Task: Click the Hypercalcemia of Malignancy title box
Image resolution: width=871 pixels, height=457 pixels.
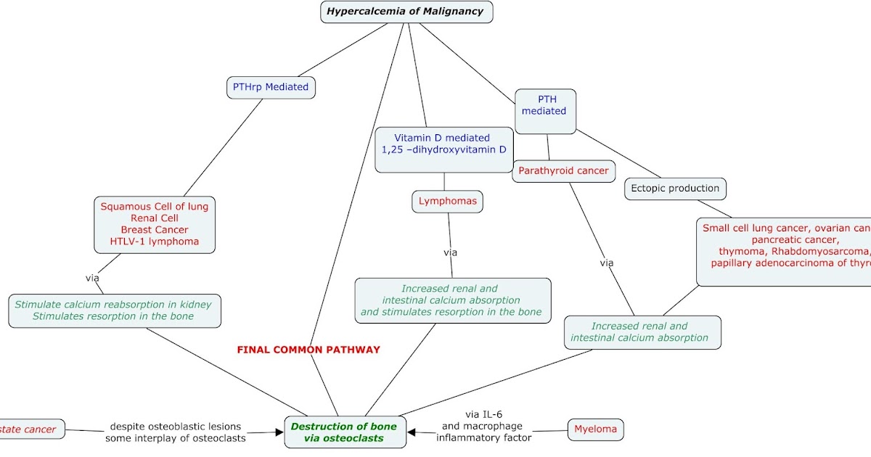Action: click(x=406, y=12)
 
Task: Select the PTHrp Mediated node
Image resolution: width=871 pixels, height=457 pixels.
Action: click(x=271, y=87)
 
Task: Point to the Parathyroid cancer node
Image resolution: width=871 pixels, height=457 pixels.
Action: click(x=564, y=171)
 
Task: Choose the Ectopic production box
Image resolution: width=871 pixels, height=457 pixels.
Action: click(x=675, y=189)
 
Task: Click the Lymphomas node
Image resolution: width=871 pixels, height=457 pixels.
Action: click(x=448, y=201)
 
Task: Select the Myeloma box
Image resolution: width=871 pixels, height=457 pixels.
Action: click(x=595, y=429)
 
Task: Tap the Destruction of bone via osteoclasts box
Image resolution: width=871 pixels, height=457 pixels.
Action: click(x=344, y=432)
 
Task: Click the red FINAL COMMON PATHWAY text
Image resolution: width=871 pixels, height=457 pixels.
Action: click(x=308, y=350)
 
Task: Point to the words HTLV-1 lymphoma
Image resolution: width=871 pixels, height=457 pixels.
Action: click(x=154, y=242)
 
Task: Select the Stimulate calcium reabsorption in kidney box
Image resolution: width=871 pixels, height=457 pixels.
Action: click(x=113, y=310)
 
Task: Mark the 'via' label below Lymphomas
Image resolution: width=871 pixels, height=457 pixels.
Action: click(x=451, y=252)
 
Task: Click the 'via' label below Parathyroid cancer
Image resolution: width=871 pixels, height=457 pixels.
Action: click(x=607, y=263)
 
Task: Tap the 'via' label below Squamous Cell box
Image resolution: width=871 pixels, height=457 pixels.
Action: click(x=92, y=277)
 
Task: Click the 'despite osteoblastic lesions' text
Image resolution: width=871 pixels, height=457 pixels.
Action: click(x=175, y=427)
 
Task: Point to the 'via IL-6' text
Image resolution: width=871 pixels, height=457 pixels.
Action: click(x=484, y=414)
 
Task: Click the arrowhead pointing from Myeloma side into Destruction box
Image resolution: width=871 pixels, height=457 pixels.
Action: click(x=412, y=432)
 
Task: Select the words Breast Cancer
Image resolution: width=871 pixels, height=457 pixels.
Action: click(x=155, y=230)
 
